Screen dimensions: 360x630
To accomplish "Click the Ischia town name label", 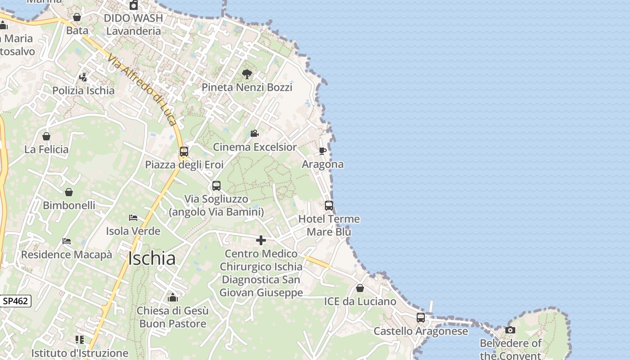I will tap(152, 259).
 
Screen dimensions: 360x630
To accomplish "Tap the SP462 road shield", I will tap(15, 301).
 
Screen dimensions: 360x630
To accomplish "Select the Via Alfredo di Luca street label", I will tap(142, 90).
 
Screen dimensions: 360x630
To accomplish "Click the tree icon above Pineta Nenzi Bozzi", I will tap(247, 74).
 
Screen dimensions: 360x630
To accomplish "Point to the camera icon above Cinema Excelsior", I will tap(254, 134).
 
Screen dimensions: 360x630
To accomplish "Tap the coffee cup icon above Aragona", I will tap(323, 151).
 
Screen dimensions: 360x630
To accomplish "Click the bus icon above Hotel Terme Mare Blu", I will tap(329, 206).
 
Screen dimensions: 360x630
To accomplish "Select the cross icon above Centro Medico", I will tap(261, 240).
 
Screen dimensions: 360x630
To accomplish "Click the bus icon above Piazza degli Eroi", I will tap(184, 152).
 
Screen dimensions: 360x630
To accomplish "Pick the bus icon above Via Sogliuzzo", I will tap(216, 186).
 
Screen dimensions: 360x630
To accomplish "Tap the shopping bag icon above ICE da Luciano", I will tap(360, 288).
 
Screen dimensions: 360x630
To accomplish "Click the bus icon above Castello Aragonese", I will tap(421, 318).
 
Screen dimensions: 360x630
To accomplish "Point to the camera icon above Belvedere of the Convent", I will tap(510, 330).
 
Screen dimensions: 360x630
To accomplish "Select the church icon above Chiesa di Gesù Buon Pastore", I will tap(173, 297).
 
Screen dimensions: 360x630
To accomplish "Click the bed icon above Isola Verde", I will tap(133, 218).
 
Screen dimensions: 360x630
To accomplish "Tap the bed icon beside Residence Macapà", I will tap(67, 241).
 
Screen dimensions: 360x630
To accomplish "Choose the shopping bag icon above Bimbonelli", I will tap(69, 193).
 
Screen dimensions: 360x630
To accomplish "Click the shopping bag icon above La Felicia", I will tap(46, 136).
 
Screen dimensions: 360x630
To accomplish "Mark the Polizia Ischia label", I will tap(83, 90).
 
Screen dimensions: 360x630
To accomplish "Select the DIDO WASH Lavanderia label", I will tap(134, 25).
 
